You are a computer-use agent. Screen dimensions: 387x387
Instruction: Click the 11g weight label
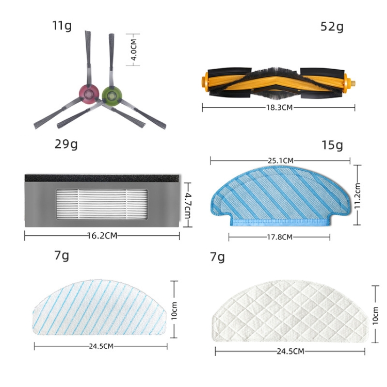tap(62, 26)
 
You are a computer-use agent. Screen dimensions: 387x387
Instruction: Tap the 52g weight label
tap(332, 27)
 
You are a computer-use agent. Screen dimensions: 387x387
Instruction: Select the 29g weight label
tap(66, 144)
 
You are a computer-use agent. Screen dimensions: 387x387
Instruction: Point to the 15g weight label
tap(332, 145)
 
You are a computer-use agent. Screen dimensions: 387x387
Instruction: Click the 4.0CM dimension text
tap(134, 50)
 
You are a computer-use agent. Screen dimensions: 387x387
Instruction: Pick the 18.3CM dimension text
tap(279, 108)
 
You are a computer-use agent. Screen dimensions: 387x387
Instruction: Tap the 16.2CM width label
tap(102, 236)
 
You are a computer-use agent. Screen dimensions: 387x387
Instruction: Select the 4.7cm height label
tap(187, 205)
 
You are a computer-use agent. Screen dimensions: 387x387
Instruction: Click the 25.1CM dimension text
tap(281, 160)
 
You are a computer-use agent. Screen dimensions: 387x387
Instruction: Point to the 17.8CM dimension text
tap(280, 237)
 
